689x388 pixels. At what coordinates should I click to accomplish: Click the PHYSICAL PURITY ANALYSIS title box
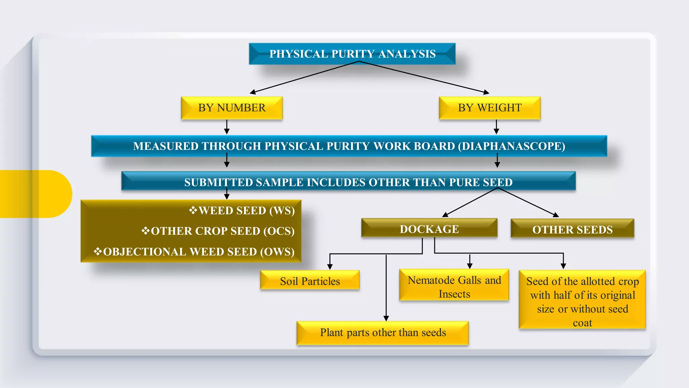tap(352, 54)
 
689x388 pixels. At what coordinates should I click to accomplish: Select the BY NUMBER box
tap(231, 108)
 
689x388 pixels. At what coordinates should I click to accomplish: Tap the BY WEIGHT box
tap(489, 108)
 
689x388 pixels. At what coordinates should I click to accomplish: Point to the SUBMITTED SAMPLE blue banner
tap(348, 182)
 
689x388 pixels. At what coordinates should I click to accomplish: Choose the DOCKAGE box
tap(429, 229)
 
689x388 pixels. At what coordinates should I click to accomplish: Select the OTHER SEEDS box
tap(572, 230)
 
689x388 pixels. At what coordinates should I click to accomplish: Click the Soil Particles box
tap(310, 281)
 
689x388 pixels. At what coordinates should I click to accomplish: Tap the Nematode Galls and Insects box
tap(454, 287)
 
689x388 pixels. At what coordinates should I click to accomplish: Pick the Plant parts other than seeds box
tap(383, 333)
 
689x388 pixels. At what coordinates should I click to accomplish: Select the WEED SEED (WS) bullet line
tap(242, 211)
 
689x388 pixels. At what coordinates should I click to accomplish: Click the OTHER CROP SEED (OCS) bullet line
tap(219, 231)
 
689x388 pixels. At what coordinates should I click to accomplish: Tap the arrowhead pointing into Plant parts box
tap(386, 318)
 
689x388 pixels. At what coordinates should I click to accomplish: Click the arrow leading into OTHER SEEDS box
tap(528, 202)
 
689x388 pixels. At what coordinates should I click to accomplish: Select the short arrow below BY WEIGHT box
tap(497, 127)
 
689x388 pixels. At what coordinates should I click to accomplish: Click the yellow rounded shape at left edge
tap(34, 194)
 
